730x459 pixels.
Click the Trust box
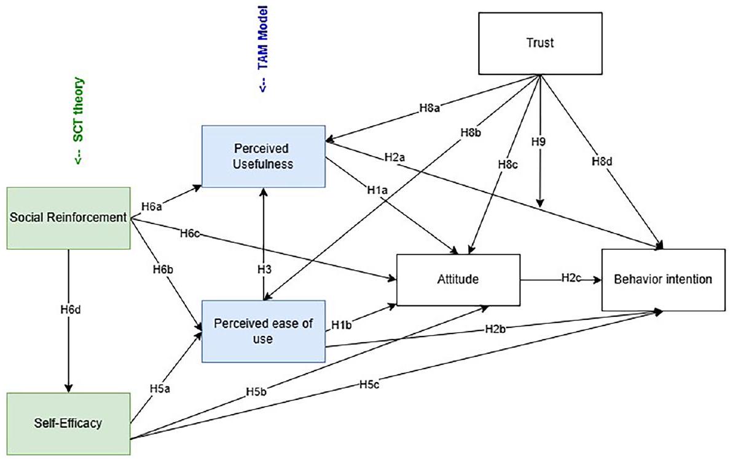pyautogui.click(x=539, y=43)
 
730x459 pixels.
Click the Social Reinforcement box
pyautogui.click(x=69, y=218)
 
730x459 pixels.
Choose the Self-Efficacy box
pyautogui.click(x=69, y=423)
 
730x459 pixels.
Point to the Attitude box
pyautogui.click(x=458, y=279)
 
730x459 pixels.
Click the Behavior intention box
pyautogui.click(x=663, y=279)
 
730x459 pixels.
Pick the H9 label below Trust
pyautogui.click(x=539, y=140)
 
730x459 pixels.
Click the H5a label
pyautogui.click(x=160, y=389)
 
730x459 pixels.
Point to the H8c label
pyautogui.click(x=505, y=164)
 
